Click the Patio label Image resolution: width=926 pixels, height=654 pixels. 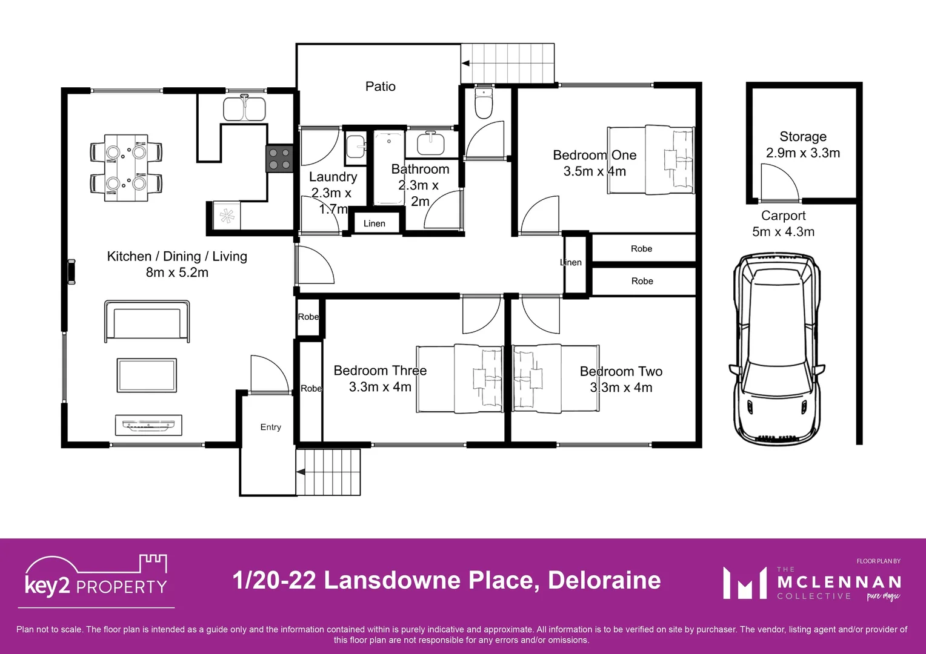coord(380,87)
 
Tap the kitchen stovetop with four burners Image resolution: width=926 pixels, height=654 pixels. coord(279,159)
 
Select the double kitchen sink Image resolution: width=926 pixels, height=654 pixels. coord(244,109)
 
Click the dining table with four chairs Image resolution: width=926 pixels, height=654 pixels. coord(126,168)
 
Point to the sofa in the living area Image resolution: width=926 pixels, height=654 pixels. coord(147,321)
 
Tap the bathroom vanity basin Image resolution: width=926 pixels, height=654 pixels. coord(431,144)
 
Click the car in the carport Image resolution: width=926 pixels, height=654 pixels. coord(777,349)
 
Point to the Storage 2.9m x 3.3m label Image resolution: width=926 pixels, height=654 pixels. coord(802,145)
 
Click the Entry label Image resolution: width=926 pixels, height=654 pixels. coord(270,427)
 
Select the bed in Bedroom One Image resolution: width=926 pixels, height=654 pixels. coord(651,160)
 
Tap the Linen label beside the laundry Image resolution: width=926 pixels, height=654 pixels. coord(374,223)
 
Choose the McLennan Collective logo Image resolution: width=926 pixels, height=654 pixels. coord(812,583)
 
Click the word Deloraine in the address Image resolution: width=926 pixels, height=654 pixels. coord(604,580)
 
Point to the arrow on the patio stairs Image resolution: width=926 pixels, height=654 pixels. coord(465,63)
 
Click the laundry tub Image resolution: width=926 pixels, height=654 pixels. coord(356,147)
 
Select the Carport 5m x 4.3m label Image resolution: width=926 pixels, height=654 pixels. coord(783,223)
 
